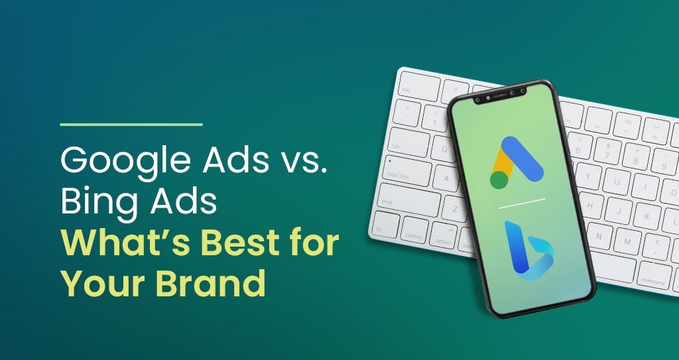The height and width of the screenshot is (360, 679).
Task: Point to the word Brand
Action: coord(210,282)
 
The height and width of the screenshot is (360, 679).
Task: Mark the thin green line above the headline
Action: coord(131,125)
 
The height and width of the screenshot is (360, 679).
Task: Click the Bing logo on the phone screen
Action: coord(529,250)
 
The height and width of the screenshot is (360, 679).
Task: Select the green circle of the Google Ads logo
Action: coord(499,180)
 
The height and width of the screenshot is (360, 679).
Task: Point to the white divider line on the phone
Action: coord(523,204)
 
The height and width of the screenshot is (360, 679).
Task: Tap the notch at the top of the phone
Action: coord(500,96)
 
